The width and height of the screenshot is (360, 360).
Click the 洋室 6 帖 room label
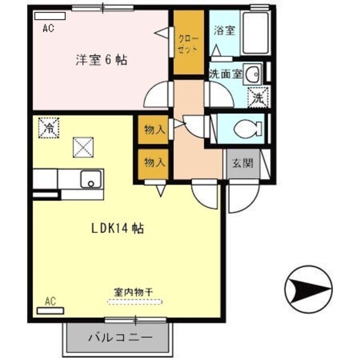pos(101,59)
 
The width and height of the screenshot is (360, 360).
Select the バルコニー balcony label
pos(119,339)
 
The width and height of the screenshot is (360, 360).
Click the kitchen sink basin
pos(89,179)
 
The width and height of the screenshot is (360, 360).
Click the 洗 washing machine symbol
pos(258,97)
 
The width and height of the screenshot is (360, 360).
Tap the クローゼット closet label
pos(188,44)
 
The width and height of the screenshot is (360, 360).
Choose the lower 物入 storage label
pos(154,163)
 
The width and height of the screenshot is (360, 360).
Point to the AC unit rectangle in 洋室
pos(49,16)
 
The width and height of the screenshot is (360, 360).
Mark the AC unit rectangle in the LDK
pos(50,310)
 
